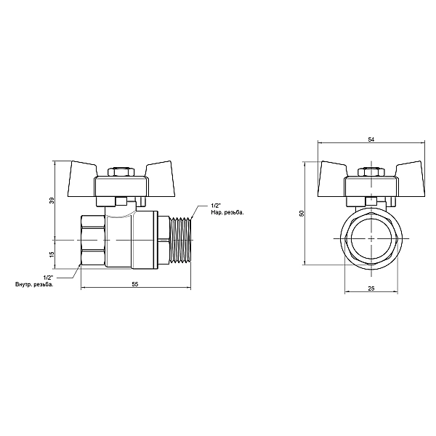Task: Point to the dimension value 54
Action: pyautogui.click(x=371, y=138)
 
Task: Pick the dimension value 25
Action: pyautogui.click(x=371, y=289)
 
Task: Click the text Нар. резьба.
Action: pyautogui.click(x=227, y=213)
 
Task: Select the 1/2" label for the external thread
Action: pyautogui.click(x=216, y=206)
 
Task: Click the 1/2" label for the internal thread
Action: pyautogui.click(x=48, y=277)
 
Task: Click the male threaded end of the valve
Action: pyautogui.click(x=178, y=240)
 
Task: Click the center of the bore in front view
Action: pyautogui.click(x=371, y=239)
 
